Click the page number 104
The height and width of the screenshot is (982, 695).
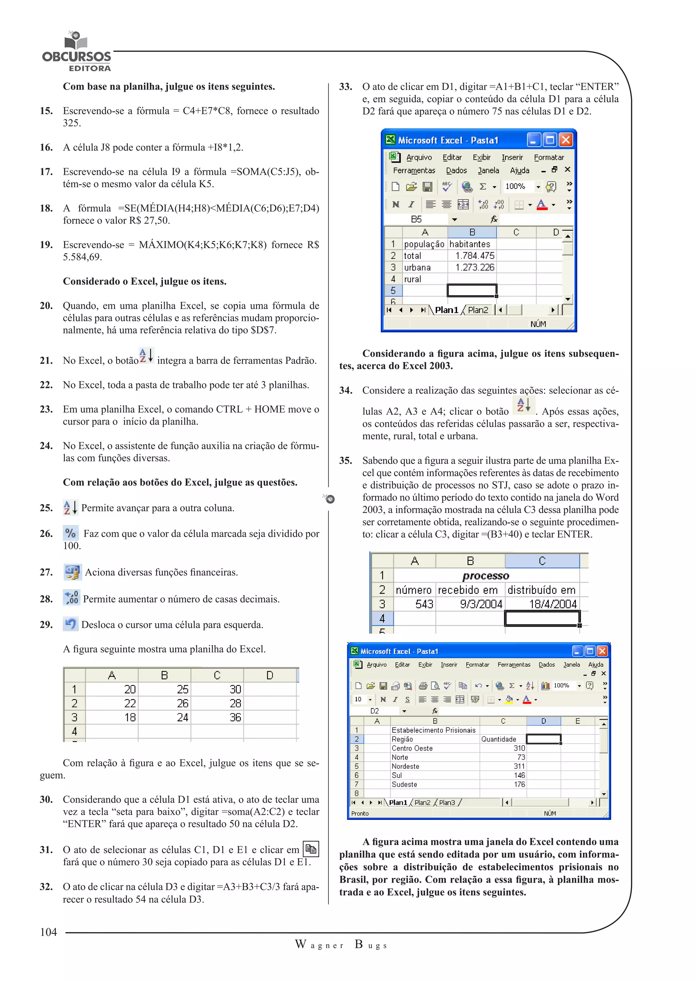coord(49,932)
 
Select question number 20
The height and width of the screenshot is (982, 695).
coord(46,306)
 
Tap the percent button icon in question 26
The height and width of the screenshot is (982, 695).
coord(71,533)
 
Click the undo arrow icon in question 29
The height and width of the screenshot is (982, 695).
coord(71,624)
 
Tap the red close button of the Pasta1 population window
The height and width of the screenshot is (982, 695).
coord(566,140)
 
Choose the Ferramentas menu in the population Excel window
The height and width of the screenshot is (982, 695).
coord(414,171)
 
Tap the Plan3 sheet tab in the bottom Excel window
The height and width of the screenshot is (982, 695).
coord(447,802)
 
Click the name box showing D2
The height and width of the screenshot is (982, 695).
coord(375,711)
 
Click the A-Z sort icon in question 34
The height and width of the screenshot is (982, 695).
coord(523,405)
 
